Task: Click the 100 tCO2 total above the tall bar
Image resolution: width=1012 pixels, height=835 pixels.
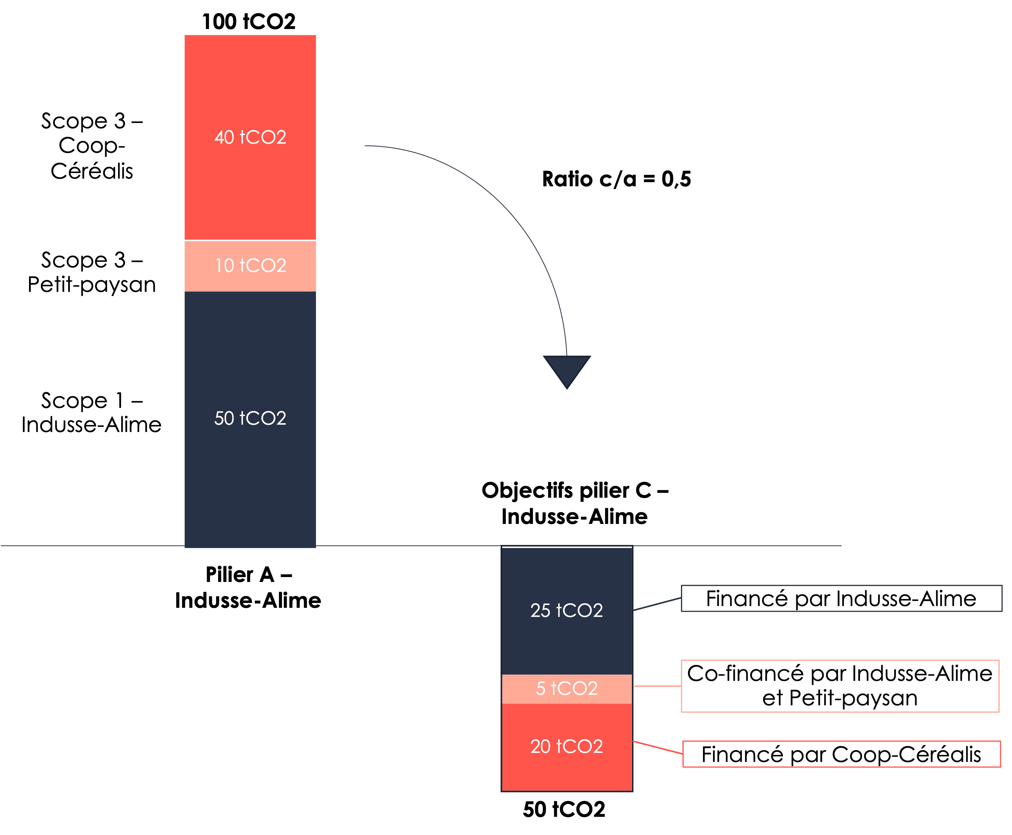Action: [249, 22]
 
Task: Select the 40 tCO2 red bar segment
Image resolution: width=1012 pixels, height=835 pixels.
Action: [250, 138]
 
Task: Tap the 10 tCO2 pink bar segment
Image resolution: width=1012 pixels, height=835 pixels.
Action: [250, 266]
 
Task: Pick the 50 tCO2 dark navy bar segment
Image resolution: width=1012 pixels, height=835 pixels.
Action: [250, 418]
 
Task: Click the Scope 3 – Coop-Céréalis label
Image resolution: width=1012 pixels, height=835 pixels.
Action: [92, 146]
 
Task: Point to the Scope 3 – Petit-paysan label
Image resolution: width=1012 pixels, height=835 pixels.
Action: [92, 272]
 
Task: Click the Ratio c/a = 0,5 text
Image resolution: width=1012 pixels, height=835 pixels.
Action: [616, 179]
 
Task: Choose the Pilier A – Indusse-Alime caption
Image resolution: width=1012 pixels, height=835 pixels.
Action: [248, 587]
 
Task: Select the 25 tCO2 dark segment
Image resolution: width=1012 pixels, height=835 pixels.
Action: [567, 610]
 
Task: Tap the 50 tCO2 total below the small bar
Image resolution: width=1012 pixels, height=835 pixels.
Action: [564, 809]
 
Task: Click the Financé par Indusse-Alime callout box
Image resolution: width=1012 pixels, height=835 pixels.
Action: [841, 599]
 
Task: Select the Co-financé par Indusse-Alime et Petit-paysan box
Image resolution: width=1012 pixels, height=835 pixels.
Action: [840, 686]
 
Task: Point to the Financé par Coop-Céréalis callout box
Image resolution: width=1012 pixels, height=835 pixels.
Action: [841, 754]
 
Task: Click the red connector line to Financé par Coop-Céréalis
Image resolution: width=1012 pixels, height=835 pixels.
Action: [658, 748]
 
